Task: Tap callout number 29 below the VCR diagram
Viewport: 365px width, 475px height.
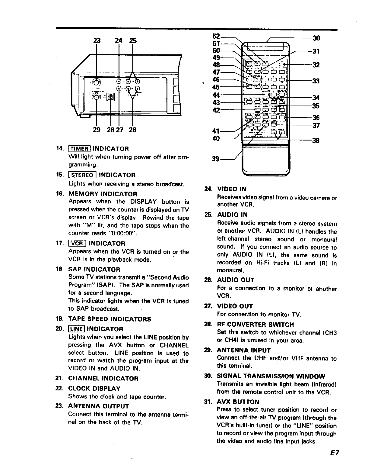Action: pyautogui.click(x=97, y=130)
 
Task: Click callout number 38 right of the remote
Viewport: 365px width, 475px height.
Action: pyautogui.click(x=316, y=141)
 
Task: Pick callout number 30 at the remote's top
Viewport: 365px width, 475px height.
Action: pyautogui.click(x=316, y=38)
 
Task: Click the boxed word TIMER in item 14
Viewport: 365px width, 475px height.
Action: pyautogui.click(x=80, y=149)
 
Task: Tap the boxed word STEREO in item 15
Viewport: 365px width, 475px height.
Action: pyautogui.click(x=82, y=175)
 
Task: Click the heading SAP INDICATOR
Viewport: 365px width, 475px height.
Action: pyautogui.click(x=94, y=269)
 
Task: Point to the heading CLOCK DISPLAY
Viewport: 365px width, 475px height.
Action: pyautogui.click(x=94, y=388)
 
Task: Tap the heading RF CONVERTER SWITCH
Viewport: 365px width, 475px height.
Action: pyautogui.click(x=255, y=325)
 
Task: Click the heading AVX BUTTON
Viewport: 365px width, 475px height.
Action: pyautogui.click(x=238, y=402)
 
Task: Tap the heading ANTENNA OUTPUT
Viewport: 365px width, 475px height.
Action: pyautogui.click(x=99, y=406)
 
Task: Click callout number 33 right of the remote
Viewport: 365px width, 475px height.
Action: pyautogui.click(x=316, y=81)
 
